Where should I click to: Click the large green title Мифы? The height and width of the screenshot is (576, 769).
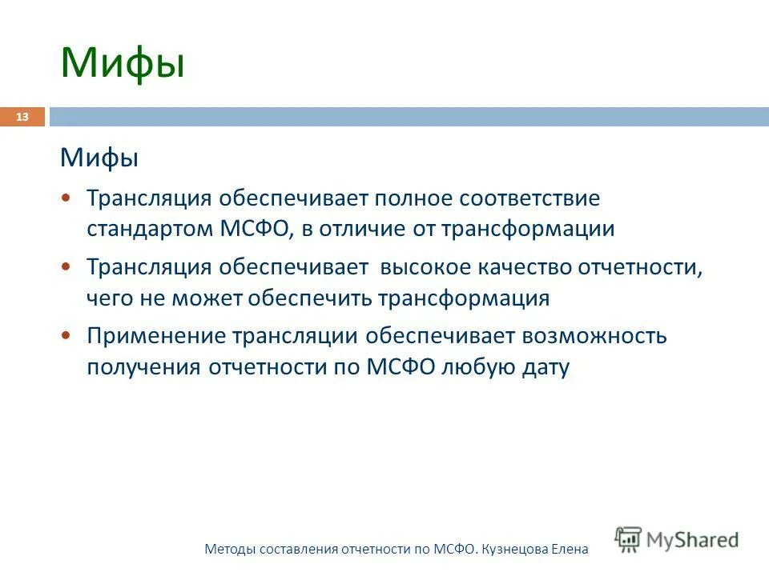tap(123, 64)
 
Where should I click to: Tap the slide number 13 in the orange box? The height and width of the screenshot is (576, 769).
tap(22, 118)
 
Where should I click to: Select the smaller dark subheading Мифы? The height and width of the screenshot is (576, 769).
tap(99, 158)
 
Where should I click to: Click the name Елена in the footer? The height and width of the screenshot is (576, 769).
tap(570, 549)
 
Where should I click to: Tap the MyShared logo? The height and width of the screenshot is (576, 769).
tap(677, 539)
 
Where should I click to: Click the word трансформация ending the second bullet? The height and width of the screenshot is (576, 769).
tap(464, 298)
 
